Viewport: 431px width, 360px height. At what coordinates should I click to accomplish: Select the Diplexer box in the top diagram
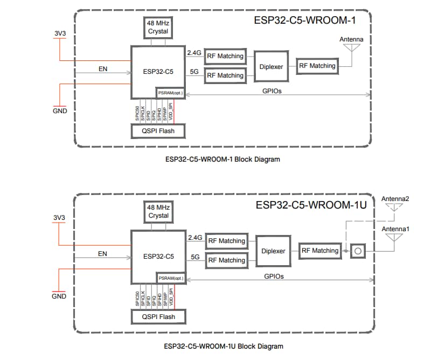271,66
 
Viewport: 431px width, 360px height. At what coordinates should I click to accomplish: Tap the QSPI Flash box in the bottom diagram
158,316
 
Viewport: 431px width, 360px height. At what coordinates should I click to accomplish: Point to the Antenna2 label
395,199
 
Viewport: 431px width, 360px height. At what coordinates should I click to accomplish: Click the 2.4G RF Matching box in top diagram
225,56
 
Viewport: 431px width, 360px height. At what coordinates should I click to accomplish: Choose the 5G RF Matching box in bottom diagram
226,260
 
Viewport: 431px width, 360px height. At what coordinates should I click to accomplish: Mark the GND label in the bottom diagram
59,296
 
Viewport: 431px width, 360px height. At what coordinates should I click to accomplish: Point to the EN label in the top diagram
102,69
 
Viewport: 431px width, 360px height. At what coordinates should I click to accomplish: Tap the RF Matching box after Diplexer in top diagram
317,66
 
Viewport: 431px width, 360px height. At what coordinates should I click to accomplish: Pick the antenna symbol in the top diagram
351,48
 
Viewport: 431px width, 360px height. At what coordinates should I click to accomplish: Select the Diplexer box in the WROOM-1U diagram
273,251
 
